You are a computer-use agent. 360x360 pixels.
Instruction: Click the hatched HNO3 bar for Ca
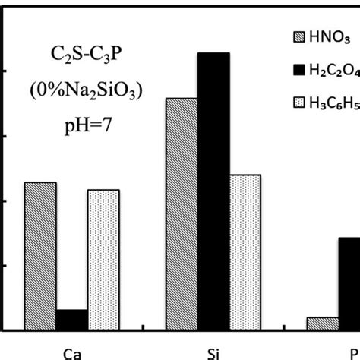tap(40, 256)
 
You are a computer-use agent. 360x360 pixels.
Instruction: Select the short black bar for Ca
tap(72, 320)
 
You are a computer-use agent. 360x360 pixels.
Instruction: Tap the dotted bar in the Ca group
tap(103, 260)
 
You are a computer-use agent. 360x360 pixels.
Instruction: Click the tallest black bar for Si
tap(213, 191)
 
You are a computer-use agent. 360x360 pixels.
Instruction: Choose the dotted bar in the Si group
tap(245, 252)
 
